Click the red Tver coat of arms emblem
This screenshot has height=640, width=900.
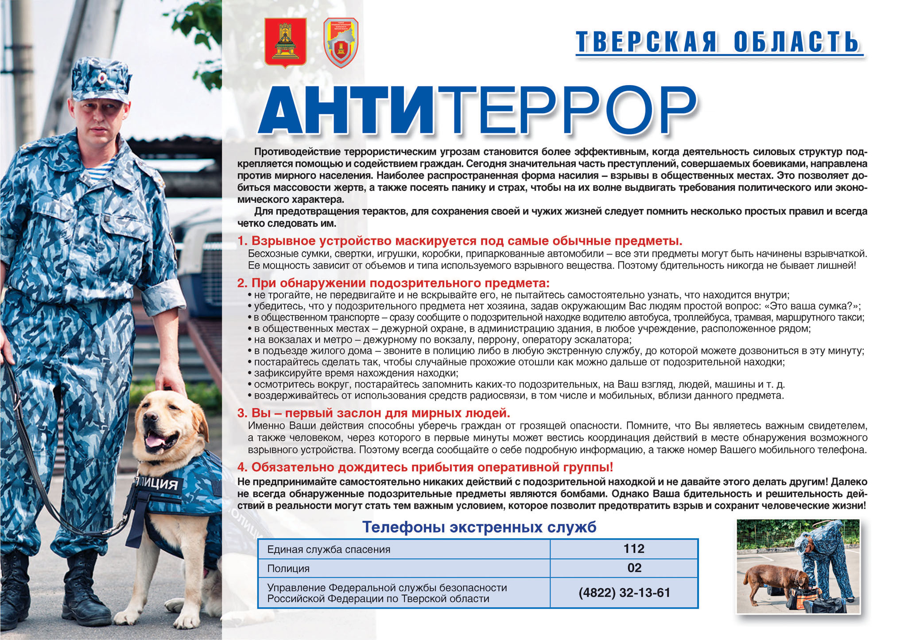point(285,43)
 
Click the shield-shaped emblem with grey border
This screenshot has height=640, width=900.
point(341,43)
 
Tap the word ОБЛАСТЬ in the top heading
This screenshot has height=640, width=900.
point(796,43)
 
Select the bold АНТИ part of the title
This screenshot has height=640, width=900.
point(345,111)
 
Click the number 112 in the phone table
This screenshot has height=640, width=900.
point(633,549)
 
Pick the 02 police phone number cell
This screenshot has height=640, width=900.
point(634,568)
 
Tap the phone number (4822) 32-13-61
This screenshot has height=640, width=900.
point(624,593)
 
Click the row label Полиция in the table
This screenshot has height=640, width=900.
point(288,569)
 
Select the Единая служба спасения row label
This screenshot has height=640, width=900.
point(329,550)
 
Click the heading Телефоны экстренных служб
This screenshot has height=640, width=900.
point(479,527)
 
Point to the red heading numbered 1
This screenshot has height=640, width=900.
point(460,241)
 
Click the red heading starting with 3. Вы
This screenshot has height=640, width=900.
point(374,413)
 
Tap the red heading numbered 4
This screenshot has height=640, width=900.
point(425,467)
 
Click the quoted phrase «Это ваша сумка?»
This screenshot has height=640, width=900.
point(814,306)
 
